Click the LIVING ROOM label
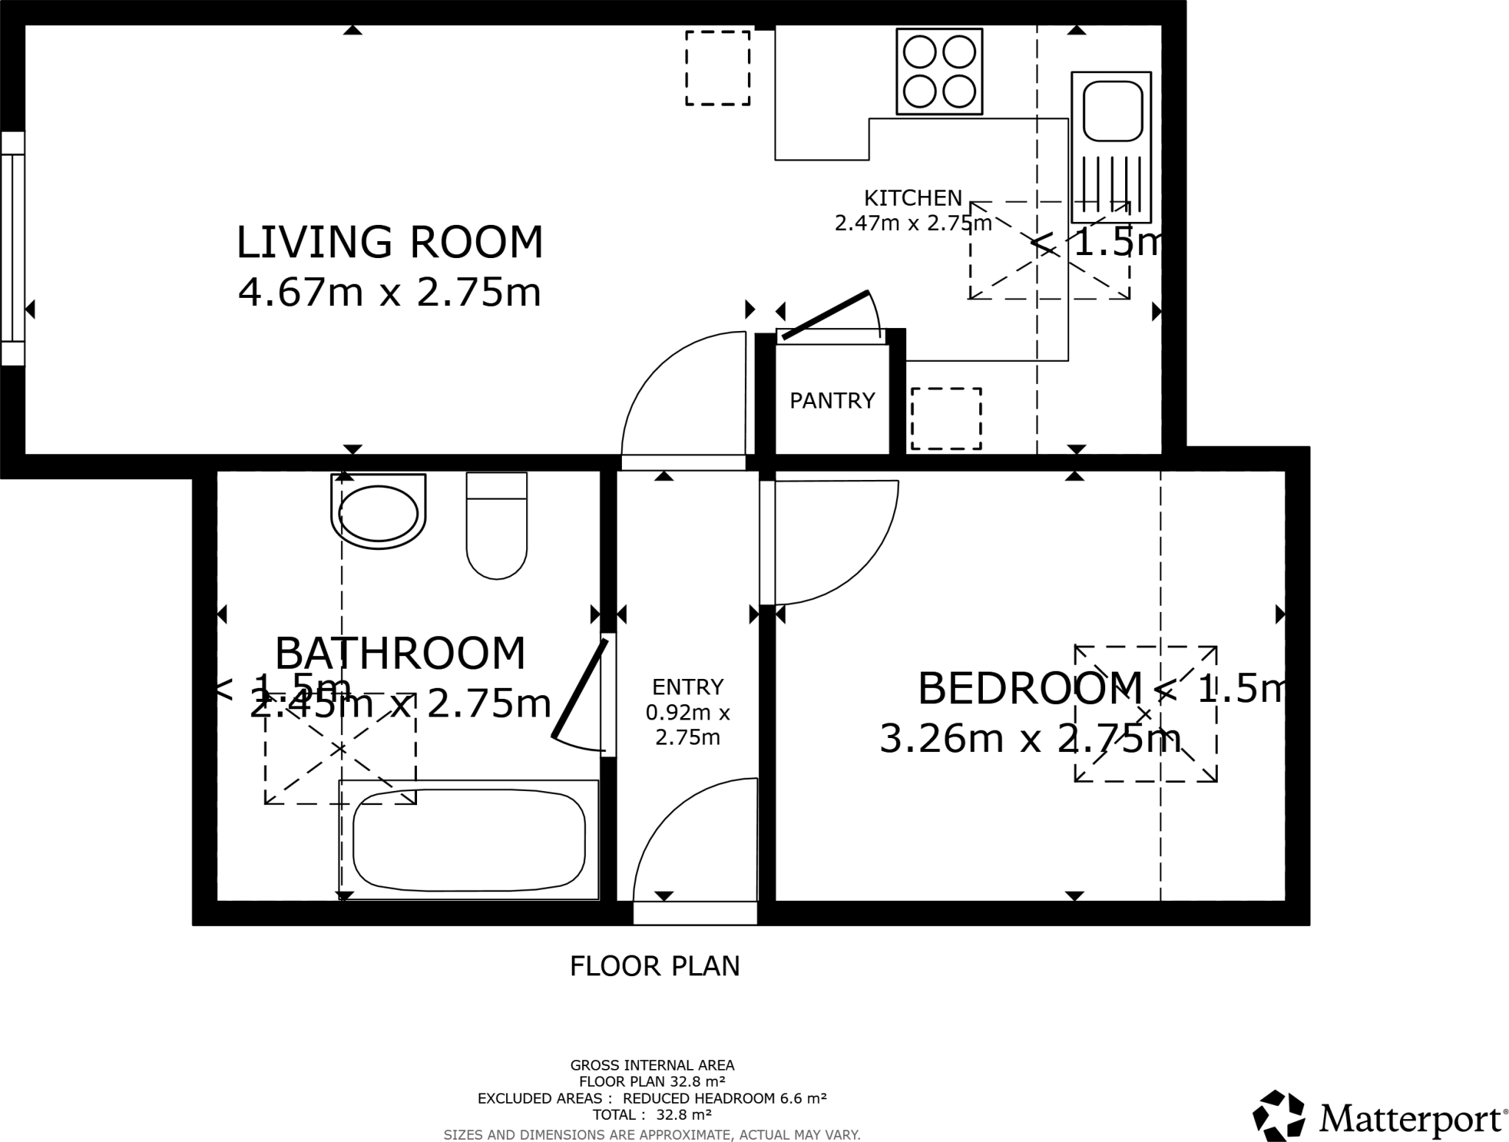coord(389,243)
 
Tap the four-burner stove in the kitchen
coord(939,72)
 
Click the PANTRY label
coord(832,400)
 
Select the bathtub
coord(469,840)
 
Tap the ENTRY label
coord(687,687)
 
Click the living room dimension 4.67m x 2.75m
coord(389,293)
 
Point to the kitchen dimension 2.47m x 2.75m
coord(912,223)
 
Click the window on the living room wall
coord(13,248)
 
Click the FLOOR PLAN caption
coord(654,966)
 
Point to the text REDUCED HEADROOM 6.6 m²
coord(724,1098)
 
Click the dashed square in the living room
coord(718,68)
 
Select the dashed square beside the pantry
coord(946,419)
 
